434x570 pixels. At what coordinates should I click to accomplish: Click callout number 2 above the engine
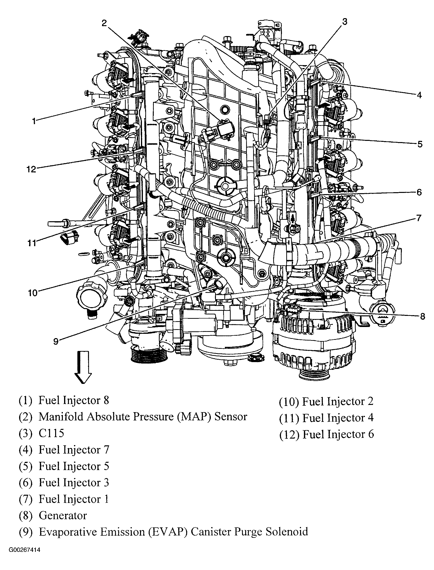click(104, 23)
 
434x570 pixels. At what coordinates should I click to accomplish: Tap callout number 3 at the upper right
click(345, 22)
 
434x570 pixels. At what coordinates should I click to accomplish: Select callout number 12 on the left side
click(31, 170)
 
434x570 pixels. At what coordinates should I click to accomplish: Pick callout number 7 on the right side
click(419, 218)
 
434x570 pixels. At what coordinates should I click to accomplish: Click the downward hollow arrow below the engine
click(83, 367)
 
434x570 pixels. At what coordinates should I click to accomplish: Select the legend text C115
click(51, 433)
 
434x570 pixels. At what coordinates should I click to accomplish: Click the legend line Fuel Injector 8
click(74, 400)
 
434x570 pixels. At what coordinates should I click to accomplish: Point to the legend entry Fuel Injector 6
click(338, 434)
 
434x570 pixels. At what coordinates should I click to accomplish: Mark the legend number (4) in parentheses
click(25, 450)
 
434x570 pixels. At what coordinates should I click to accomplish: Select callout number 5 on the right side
click(420, 144)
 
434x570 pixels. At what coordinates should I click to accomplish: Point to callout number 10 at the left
click(33, 293)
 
